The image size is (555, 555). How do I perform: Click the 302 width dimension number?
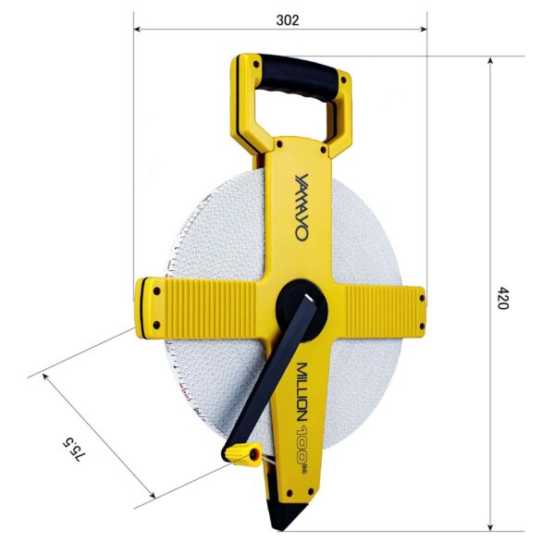click(x=288, y=20)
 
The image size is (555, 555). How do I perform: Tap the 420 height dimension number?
click(x=502, y=298)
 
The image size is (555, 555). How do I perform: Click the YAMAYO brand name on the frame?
click(x=302, y=207)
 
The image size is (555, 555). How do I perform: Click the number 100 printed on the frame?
click(x=302, y=445)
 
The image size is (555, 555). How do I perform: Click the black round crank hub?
click(x=302, y=311)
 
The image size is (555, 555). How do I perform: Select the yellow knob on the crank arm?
click(x=242, y=453)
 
